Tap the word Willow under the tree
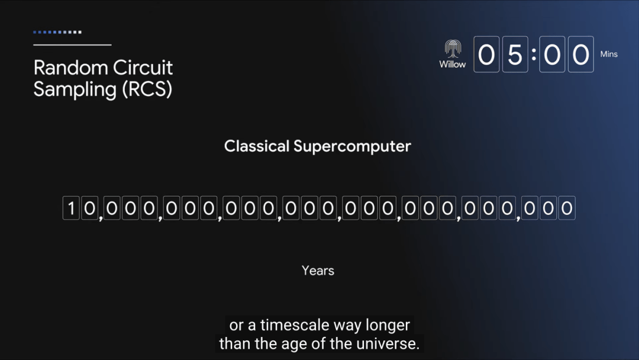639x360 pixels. click(453, 65)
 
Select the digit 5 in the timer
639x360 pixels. click(515, 54)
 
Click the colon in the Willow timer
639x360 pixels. click(534, 54)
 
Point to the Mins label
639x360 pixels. click(609, 54)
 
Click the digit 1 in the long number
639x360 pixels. click(71, 208)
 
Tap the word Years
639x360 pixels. click(318, 271)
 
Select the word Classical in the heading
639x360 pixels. click(257, 146)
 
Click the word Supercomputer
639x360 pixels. click(352, 147)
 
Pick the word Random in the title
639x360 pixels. click(70, 67)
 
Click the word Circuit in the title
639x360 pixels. click(143, 67)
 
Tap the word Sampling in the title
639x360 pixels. click(75, 89)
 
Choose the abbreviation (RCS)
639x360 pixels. click(147, 89)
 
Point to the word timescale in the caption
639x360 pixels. click(295, 325)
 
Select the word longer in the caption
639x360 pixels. click(388, 326)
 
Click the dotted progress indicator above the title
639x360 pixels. click(57, 32)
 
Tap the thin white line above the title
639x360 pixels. click(73, 45)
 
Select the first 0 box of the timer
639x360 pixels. click(486, 54)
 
